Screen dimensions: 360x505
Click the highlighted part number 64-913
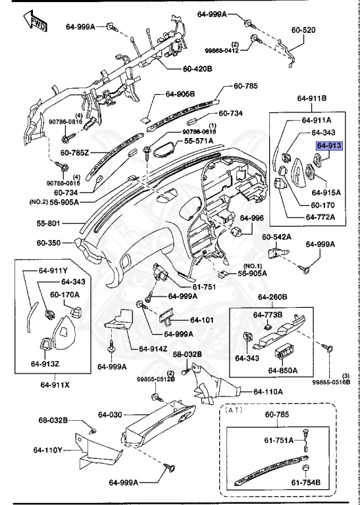(x=329, y=146)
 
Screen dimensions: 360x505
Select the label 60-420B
(x=197, y=68)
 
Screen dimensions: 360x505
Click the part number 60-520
(x=303, y=30)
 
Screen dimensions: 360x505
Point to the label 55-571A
(x=199, y=141)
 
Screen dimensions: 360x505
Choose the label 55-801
(x=48, y=223)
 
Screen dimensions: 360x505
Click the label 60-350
(x=48, y=243)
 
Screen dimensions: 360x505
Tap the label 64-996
(x=251, y=218)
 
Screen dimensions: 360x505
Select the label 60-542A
(x=276, y=237)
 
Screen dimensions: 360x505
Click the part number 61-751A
(x=279, y=440)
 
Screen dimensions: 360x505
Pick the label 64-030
(x=110, y=414)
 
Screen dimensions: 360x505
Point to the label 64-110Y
(x=47, y=450)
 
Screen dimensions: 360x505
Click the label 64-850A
(x=282, y=370)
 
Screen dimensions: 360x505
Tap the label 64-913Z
(x=45, y=364)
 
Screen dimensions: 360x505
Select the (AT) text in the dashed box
(x=234, y=410)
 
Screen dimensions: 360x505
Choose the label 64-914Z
(x=153, y=349)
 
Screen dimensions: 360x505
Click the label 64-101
(x=202, y=320)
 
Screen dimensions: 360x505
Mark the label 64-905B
(x=180, y=94)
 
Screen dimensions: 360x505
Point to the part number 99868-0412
(x=222, y=50)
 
